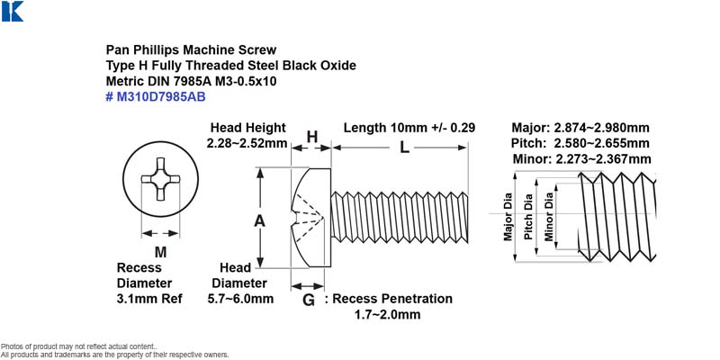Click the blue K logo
point(13,11)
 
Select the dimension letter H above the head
point(312,137)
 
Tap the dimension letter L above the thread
point(404,148)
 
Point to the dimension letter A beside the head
point(260,221)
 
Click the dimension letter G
point(309,301)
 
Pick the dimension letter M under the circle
point(160,252)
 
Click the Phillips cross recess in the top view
point(160,179)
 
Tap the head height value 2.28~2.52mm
point(247,143)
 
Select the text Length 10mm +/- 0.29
point(409,128)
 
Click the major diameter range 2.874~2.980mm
point(600,128)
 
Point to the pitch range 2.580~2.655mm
point(601,143)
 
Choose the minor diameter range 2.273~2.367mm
point(603,159)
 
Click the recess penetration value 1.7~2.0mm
point(387,315)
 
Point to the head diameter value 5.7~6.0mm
point(240,299)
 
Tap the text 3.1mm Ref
point(149,299)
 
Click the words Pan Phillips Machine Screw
point(192,49)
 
